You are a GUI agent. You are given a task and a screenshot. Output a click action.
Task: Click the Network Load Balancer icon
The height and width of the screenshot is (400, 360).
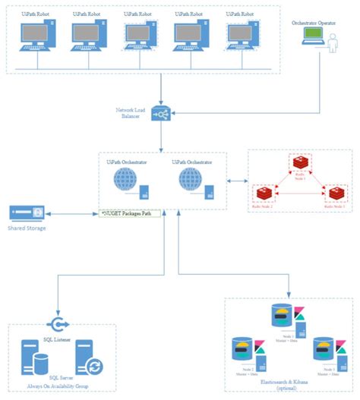tap(161, 115)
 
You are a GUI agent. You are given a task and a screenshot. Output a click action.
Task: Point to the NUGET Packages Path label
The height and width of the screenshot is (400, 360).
tap(131, 215)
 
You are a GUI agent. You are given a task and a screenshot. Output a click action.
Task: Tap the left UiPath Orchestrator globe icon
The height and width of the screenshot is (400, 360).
tap(125, 183)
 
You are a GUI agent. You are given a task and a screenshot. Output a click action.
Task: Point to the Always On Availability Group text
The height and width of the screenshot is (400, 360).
tap(61, 385)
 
